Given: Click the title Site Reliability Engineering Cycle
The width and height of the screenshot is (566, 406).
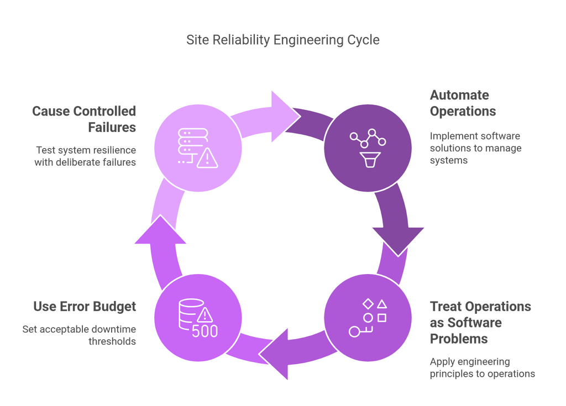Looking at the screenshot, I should (x=282, y=40).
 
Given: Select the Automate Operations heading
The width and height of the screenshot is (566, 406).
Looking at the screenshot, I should (x=463, y=103).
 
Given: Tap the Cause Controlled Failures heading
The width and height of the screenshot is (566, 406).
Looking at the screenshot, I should (x=84, y=119).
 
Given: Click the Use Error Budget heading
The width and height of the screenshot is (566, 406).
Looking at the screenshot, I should (x=84, y=306).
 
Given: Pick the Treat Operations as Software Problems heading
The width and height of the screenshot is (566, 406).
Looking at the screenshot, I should (x=480, y=322).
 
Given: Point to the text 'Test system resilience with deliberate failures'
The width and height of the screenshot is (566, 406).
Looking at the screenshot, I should (x=86, y=156).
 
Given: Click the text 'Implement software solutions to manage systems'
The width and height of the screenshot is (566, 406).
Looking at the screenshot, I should (x=475, y=148).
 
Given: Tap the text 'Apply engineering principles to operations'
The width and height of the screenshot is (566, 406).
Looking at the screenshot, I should (x=482, y=368).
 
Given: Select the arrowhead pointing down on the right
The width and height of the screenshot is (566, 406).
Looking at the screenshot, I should (x=398, y=240).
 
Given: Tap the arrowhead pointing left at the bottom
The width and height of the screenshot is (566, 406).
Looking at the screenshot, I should (x=276, y=353).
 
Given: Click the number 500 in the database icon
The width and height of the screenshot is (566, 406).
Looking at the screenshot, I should (x=205, y=331).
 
